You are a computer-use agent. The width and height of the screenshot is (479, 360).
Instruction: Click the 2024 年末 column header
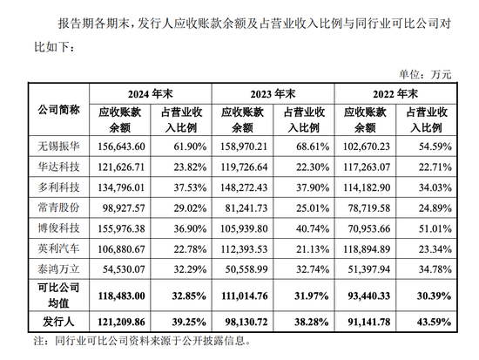151,94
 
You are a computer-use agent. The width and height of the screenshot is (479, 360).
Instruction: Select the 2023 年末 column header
273,94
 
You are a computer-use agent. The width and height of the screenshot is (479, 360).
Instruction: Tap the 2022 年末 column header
395,94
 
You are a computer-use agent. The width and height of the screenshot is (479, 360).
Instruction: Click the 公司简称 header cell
58,110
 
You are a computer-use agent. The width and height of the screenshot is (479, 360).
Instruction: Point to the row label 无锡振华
58,146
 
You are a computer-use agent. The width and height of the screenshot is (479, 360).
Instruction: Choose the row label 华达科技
58,166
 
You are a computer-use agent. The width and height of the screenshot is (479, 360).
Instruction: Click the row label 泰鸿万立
58,269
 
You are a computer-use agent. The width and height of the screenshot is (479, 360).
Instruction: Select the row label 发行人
58,322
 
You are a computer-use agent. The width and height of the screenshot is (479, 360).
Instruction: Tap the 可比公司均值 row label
58,295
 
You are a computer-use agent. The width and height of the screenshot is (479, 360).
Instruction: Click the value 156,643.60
121,146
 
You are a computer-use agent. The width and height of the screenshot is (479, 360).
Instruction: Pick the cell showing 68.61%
313,146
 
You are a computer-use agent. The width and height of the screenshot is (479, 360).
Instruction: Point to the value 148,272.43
244,187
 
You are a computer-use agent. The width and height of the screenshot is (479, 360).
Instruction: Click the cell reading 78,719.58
369,208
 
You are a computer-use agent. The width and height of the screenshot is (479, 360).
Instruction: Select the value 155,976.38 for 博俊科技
121,228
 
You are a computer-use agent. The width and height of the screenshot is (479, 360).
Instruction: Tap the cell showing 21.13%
313,249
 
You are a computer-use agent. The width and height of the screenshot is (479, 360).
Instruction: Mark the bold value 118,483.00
121,296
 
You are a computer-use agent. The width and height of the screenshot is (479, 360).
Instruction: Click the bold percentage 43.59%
434,322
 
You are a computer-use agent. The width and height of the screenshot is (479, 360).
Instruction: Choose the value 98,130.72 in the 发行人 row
246,322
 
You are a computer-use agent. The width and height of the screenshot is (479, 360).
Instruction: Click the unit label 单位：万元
425,74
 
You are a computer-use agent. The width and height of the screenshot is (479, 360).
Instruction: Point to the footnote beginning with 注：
142,341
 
